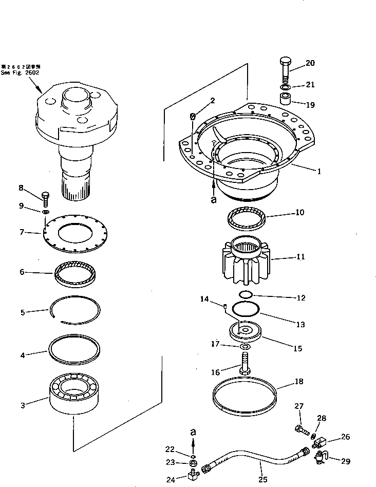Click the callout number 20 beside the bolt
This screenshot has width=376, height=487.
click(x=310, y=64)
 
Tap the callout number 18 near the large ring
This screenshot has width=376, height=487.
click(x=298, y=382)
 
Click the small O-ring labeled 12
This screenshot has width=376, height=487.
click(x=246, y=295)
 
